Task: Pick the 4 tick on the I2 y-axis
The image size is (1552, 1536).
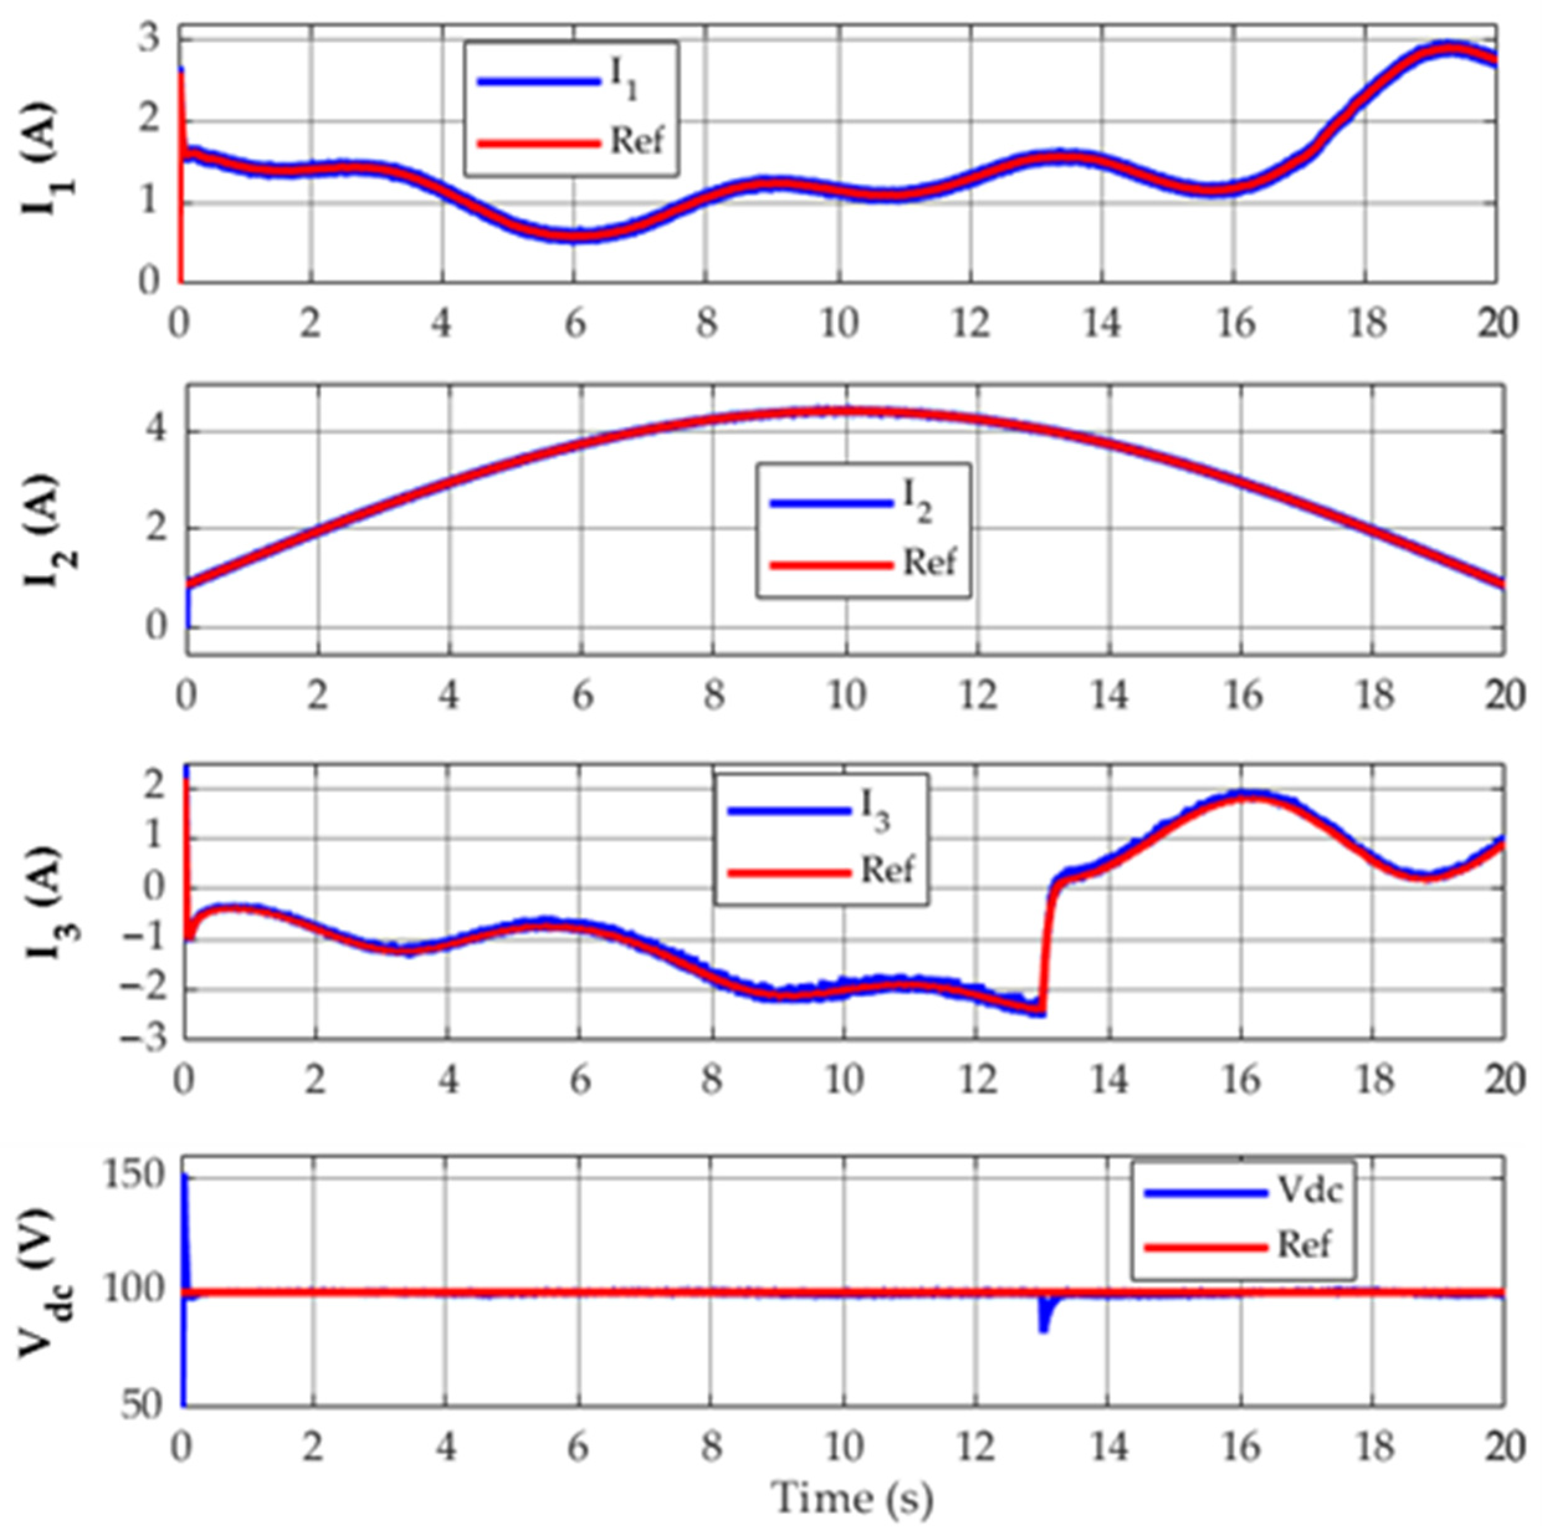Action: pos(156,432)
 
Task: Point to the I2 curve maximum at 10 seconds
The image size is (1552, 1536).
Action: pos(845,411)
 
